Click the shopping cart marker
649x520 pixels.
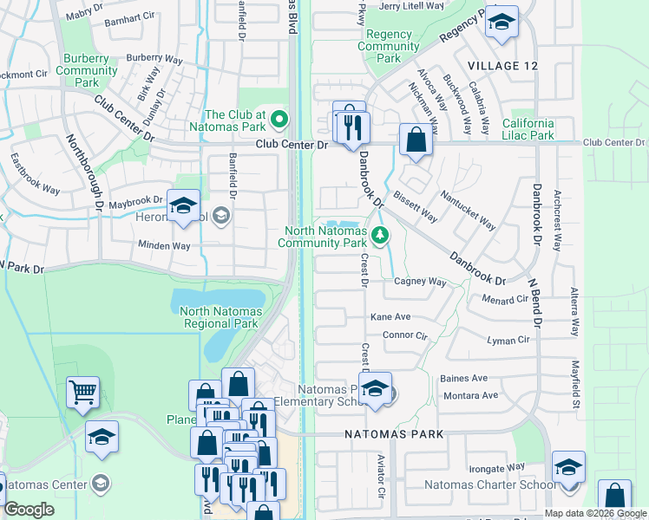tap(83, 393)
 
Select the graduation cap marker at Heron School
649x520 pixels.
tap(183, 207)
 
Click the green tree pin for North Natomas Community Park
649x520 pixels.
tap(379, 235)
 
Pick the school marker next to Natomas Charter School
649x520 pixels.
tap(568, 468)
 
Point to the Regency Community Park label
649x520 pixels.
tap(389, 47)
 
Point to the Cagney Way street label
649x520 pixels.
tap(420, 282)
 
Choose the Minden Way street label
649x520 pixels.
tap(164, 246)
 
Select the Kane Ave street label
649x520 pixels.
tap(390, 317)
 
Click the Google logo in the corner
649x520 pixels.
tap(29, 510)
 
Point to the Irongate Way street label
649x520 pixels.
tap(495, 467)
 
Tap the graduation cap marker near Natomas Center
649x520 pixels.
tap(102, 439)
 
